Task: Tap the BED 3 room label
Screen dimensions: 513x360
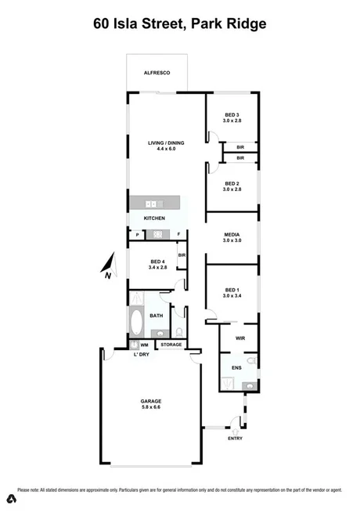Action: pos(232,116)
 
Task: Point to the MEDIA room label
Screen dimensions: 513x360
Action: pos(232,235)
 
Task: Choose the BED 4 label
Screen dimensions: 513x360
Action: pos(157,262)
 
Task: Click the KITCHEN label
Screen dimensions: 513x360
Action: pos(154,217)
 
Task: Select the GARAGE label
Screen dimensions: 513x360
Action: pos(152,401)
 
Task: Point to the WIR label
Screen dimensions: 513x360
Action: pos(241,339)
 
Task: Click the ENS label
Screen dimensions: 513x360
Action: pos(236,366)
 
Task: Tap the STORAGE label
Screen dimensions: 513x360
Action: pos(171,345)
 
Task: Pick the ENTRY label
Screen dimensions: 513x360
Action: pos(235,438)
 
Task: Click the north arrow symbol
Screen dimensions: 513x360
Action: pos(109,266)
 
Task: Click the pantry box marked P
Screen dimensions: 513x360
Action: pos(138,234)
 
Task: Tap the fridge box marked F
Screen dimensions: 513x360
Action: pos(179,234)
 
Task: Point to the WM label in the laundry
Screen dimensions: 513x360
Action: pos(145,345)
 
